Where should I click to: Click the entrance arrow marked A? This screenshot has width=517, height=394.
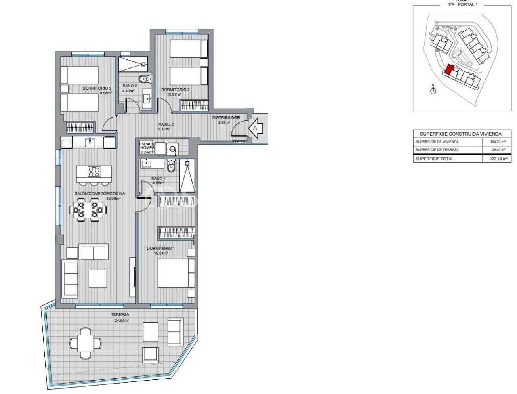point(255,128)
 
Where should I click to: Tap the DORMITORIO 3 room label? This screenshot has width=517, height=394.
point(97,88)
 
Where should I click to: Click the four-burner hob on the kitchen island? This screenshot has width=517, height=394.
point(95,172)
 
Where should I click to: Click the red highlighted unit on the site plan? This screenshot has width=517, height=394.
point(449,71)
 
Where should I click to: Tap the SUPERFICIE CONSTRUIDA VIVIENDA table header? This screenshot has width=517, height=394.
point(460,134)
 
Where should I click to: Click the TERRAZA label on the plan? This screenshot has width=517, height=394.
point(120,314)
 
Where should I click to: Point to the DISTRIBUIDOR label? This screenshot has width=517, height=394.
point(226,118)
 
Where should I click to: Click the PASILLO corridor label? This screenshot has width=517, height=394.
point(166,124)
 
